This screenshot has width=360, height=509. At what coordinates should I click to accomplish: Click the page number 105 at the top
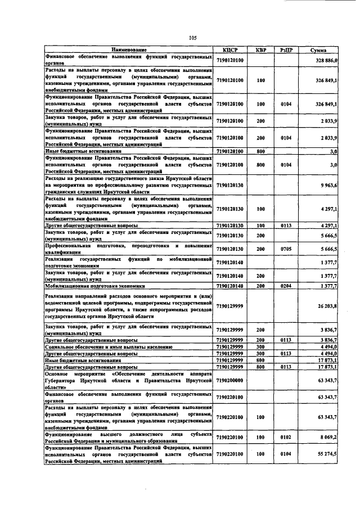tap(192, 38)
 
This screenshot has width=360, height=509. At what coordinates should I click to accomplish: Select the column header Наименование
tap(128, 51)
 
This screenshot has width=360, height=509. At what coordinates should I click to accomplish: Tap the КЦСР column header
tap(230, 51)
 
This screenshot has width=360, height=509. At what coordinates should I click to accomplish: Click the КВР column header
tap(260, 51)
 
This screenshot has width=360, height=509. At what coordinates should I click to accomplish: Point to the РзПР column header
tap(285, 51)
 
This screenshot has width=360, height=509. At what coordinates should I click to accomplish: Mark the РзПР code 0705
tap(285, 249)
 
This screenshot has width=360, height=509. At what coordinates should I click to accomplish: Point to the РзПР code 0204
tap(285, 286)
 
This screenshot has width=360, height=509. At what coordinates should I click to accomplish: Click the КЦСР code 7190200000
tap(230, 380)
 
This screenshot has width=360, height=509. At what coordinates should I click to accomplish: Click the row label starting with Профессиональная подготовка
tap(128, 249)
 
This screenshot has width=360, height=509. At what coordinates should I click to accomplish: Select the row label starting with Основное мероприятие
tap(128, 380)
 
